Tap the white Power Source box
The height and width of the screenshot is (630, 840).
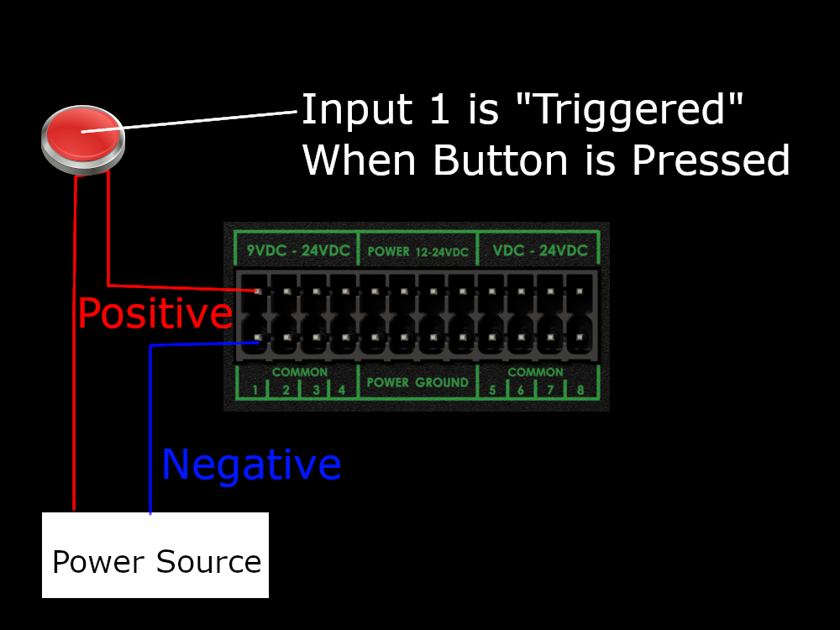tap(155, 555)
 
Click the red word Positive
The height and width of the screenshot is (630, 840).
tap(155, 313)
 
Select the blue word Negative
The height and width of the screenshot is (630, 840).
tap(251, 465)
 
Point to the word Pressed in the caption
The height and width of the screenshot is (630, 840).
tap(711, 160)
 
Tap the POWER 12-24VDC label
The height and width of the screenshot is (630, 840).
tap(417, 251)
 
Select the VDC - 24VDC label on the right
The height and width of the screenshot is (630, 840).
tap(540, 250)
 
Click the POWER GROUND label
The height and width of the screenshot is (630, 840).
tap(417, 382)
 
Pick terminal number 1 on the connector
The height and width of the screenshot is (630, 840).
tap(255, 390)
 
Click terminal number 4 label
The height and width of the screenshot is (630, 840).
tap(342, 390)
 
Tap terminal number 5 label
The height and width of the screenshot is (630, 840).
tap(491, 390)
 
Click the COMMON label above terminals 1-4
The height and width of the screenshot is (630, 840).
tap(300, 371)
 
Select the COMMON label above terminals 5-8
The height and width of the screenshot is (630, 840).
tap(536, 371)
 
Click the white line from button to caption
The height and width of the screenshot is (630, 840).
tap(210, 120)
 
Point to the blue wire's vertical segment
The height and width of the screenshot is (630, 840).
tap(150, 428)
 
